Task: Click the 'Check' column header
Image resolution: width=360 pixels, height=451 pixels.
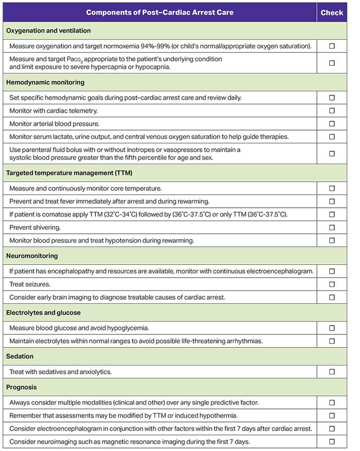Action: (332, 12)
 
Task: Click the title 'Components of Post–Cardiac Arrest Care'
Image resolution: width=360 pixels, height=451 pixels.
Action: (159, 12)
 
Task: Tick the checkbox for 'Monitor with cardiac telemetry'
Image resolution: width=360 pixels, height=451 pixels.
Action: (332, 111)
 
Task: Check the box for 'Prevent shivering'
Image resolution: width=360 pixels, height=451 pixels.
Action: (332, 227)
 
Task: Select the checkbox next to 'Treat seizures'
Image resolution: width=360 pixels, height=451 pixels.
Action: (332, 284)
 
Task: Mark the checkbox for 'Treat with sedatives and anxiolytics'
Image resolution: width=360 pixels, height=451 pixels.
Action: (332, 372)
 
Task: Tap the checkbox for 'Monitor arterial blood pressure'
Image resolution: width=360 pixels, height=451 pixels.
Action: (332, 124)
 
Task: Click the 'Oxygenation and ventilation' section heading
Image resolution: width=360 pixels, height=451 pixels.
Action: (48, 30)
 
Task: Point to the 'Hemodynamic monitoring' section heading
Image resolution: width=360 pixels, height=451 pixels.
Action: (45, 82)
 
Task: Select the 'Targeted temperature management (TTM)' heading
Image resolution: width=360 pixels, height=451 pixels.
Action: (69, 173)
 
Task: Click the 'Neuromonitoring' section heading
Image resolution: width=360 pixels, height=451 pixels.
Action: (32, 256)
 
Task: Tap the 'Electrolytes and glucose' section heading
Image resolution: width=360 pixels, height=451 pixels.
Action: (44, 313)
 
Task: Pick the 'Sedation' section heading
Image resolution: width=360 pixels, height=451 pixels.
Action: (20, 356)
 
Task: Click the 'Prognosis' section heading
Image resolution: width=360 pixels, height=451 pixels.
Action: (22, 387)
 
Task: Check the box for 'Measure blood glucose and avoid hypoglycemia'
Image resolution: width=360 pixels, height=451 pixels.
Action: (332, 328)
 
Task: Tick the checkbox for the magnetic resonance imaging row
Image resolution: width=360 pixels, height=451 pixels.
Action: (332, 442)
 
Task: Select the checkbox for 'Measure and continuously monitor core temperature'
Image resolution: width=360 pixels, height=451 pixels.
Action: (332, 189)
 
